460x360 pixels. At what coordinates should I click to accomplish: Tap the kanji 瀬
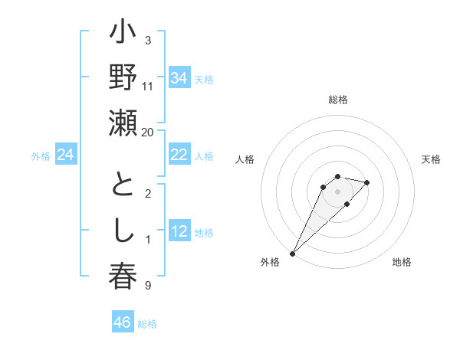coord(123,124)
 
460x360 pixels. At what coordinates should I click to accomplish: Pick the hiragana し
coord(123,231)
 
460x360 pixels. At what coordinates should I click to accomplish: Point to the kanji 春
coord(123,275)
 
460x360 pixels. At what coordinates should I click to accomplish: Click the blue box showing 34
coord(179,77)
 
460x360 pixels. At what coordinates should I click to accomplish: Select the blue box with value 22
coord(179,155)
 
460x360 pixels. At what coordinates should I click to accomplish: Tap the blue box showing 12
coord(179,231)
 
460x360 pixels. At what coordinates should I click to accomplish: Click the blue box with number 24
coord(66,155)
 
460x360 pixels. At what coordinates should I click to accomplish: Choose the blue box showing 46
coord(123,322)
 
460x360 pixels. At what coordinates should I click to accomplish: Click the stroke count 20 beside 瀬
coord(148,132)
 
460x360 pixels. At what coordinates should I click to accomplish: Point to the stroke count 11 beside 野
coord(148,86)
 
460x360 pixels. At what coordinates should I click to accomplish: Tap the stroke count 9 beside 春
coord(148,286)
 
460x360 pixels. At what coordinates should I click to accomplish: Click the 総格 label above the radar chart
coord(338,100)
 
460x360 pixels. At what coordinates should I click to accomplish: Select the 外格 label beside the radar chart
coord(270,262)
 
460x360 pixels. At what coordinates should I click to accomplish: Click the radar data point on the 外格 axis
coord(292,253)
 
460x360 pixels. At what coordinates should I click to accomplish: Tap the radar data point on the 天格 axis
coord(367,182)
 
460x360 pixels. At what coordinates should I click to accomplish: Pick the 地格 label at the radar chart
coord(402,262)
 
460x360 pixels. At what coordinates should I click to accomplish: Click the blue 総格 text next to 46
coord(147,324)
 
